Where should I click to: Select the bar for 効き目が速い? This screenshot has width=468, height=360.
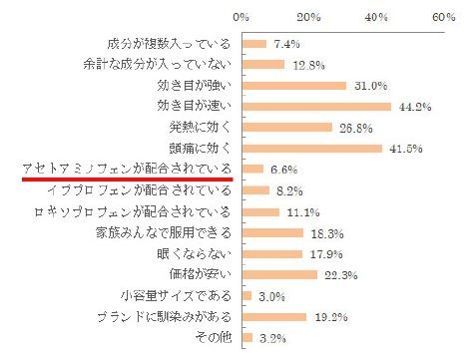316,106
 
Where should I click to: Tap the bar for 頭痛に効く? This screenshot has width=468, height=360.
312,149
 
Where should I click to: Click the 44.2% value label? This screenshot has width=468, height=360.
410,107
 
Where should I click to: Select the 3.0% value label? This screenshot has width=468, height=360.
270,297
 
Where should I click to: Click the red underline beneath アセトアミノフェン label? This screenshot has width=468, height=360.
127,180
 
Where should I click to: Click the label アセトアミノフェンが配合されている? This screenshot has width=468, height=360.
127,170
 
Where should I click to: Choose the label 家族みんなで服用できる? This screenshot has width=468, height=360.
165,232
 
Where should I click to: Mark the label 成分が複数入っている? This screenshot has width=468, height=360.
169,43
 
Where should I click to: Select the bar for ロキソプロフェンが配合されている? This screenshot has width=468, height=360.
259,211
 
